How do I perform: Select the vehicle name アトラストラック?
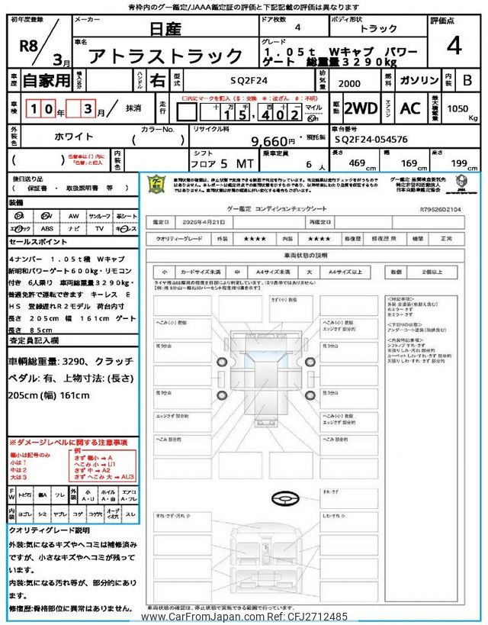(x=165, y=56)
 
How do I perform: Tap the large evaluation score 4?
(x=454, y=47)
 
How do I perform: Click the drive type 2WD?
(x=361, y=108)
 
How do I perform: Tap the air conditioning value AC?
(x=409, y=108)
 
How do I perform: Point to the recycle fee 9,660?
(x=266, y=140)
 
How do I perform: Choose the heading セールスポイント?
(x=38, y=241)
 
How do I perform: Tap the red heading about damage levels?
(x=69, y=443)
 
